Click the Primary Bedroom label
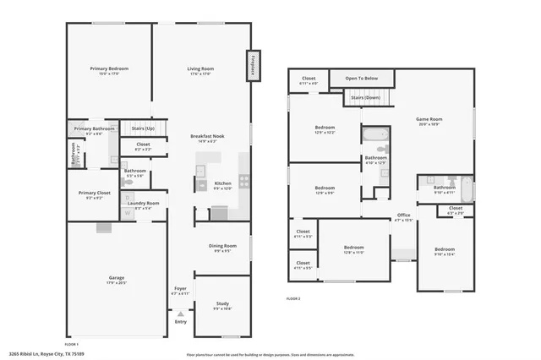(110, 70)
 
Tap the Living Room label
(200, 70)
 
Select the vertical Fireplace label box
(252, 66)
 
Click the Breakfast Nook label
(206, 139)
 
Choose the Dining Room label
(222, 248)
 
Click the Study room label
(222, 306)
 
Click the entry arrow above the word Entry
(180, 314)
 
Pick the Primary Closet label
(94, 195)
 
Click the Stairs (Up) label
(143, 128)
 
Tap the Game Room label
(429, 121)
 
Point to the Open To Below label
(361, 79)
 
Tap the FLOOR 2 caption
(293, 298)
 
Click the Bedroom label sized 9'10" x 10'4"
(445, 251)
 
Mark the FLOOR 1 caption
(72, 344)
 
